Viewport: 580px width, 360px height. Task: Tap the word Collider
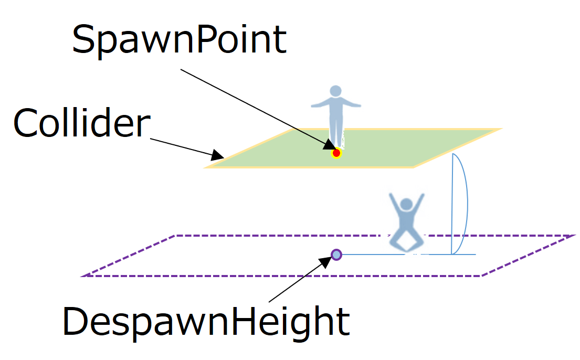click(x=81, y=123)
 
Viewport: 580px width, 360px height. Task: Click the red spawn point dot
click(x=336, y=153)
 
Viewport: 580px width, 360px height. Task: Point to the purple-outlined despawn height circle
click(x=336, y=255)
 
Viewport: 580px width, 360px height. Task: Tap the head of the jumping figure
click(x=406, y=204)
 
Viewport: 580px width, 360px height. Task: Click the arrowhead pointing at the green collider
click(x=218, y=156)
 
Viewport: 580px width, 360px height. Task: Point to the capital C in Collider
click(x=27, y=124)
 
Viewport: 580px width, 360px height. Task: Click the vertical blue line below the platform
click(x=452, y=210)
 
